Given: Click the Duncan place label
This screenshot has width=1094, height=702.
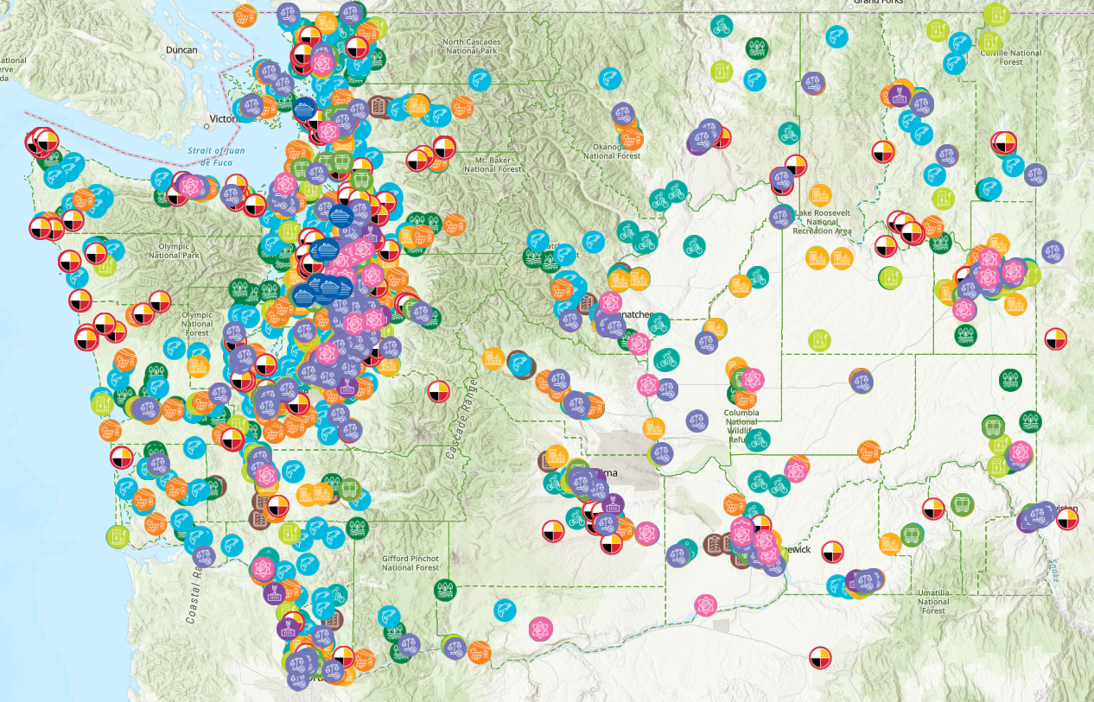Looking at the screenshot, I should [x=181, y=50].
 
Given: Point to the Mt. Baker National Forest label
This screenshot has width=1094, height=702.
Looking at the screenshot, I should [x=493, y=164].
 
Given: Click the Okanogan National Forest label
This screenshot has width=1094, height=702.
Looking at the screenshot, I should [x=612, y=150].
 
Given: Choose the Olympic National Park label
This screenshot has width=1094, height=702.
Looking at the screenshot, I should [x=175, y=250].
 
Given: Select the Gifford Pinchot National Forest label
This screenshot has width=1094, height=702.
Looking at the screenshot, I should [x=411, y=563].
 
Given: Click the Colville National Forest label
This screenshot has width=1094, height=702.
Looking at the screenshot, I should [x=1010, y=57].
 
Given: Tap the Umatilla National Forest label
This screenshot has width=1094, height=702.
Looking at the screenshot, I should [x=933, y=601].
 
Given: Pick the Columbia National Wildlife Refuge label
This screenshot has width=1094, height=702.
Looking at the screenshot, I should [x=741, y=427].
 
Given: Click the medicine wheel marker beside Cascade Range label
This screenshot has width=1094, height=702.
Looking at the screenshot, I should [x=439, y=391].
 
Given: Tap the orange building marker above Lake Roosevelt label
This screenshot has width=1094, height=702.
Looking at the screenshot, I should [x=820, y=195].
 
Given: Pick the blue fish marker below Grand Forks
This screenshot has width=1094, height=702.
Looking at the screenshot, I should [x=836, y=36].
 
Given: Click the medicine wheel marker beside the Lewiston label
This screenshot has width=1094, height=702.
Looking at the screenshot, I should [x=1068, y=519].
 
